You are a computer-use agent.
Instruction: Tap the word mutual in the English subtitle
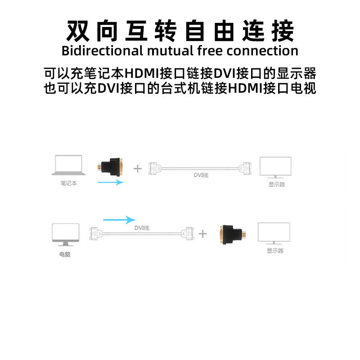pos(169,50)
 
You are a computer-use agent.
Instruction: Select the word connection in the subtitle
pos(263,50)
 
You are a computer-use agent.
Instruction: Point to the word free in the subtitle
pos(211,50)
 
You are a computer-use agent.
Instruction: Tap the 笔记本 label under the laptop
pos(69,184)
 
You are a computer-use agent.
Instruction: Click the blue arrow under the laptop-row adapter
pos(110,182)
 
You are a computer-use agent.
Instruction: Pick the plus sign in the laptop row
pos(138,169)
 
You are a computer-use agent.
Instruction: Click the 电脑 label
pos(65,254)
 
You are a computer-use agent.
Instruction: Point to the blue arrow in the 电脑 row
pos(119,220)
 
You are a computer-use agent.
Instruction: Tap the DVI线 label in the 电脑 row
pos(141,228)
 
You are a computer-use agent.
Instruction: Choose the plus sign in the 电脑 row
pos(203,234)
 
